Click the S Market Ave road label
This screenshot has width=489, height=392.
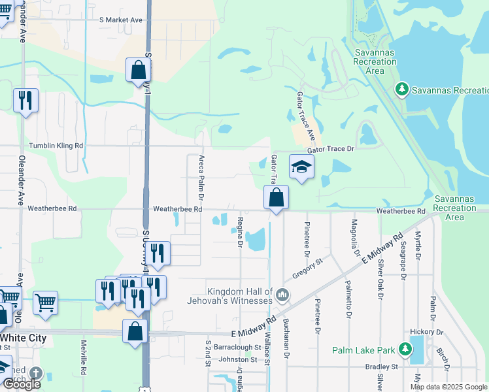[x=121, y=20]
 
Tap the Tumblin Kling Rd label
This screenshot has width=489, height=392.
[x=56, y=146]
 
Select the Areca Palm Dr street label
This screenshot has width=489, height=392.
[x=201, y=178]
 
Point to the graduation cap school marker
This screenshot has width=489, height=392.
[x=301, y=167]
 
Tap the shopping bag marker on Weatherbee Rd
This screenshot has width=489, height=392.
[x=276, y=197]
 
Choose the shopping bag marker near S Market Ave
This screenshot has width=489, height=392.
[x=139, y=70]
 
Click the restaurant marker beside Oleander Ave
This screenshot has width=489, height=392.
[x=25, y=101]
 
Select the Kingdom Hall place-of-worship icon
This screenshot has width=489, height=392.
[x=282, y=295]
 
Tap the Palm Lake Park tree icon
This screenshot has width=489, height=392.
[x=405, y=350]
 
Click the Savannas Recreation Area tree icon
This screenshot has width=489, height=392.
[x=401, y=88]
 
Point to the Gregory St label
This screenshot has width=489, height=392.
[x=308, y=269]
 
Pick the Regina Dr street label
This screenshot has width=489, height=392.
[x=240, y=233]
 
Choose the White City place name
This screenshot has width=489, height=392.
[x=24, y=338]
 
